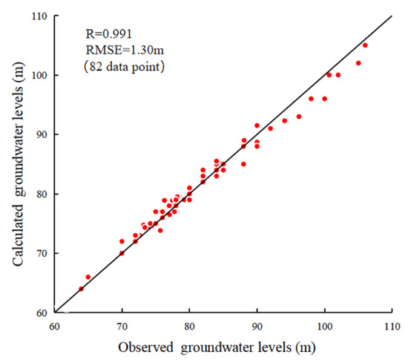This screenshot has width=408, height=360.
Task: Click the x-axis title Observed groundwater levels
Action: point(223,347)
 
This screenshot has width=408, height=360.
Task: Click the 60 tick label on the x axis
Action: point(55,325)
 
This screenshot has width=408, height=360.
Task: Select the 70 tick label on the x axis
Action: point(122,325)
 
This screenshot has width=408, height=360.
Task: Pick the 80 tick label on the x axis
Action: point(189,325)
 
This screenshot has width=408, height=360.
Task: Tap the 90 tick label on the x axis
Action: point(257,325)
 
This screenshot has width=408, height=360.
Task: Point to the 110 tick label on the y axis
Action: point(40,16)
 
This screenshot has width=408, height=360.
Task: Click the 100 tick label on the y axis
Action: point(40,75)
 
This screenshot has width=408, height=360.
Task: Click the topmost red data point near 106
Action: point(365,45)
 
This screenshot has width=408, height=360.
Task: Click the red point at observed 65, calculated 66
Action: point(88,277)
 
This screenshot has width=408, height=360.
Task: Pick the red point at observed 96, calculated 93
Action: point(299,117)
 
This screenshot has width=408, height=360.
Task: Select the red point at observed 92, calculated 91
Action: point(271,128)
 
